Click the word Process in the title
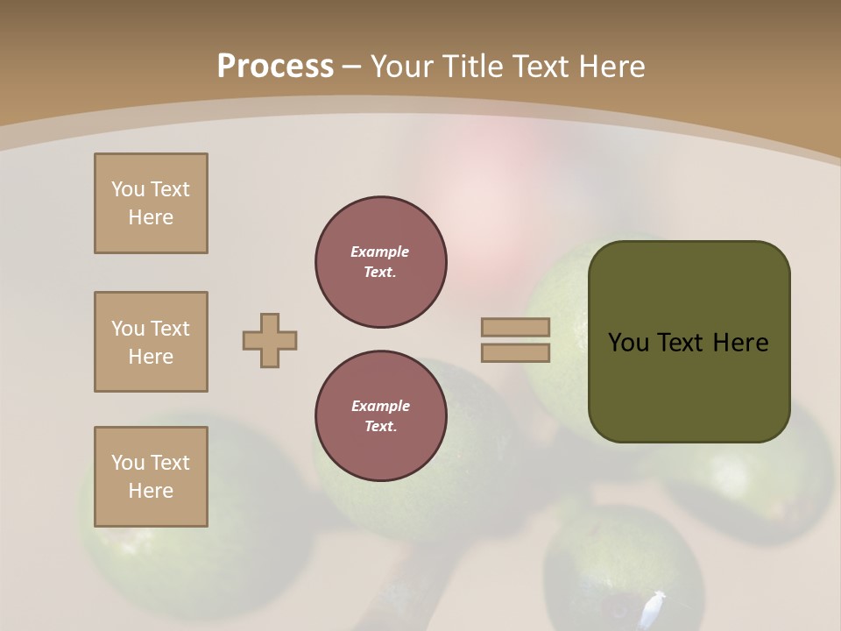(x=275, y=67)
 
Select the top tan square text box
(x=151, y=203)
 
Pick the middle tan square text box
(x=151, y=342)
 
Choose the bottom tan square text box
(x=151, y=477)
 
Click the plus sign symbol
(x=270, y=340)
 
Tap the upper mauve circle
(x=381, y=262)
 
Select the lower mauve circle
(x=381, y=416)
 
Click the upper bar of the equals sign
(x=516, y=327)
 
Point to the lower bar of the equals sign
(x=516, y=353)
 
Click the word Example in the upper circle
(x=380, y=252)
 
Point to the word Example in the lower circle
(x=380, y=406)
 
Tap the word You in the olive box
(x=628, y=343)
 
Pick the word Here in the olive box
(x=740, y=343)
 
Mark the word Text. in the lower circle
(x=380, y=427)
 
